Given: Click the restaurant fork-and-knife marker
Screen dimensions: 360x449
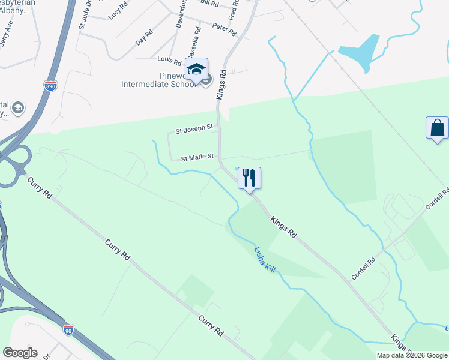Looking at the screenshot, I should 249,178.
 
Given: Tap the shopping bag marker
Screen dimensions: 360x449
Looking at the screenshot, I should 436,128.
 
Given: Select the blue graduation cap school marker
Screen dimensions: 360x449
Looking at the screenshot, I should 196,70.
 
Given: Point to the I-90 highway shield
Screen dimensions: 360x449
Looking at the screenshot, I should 68,329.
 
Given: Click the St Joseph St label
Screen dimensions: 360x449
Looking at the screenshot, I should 194,128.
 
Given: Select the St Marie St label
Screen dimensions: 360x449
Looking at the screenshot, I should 197,157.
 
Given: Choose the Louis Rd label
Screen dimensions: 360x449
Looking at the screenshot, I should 169,60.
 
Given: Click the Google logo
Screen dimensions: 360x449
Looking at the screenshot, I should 20,353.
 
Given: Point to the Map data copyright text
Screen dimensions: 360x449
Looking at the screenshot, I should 411,355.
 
